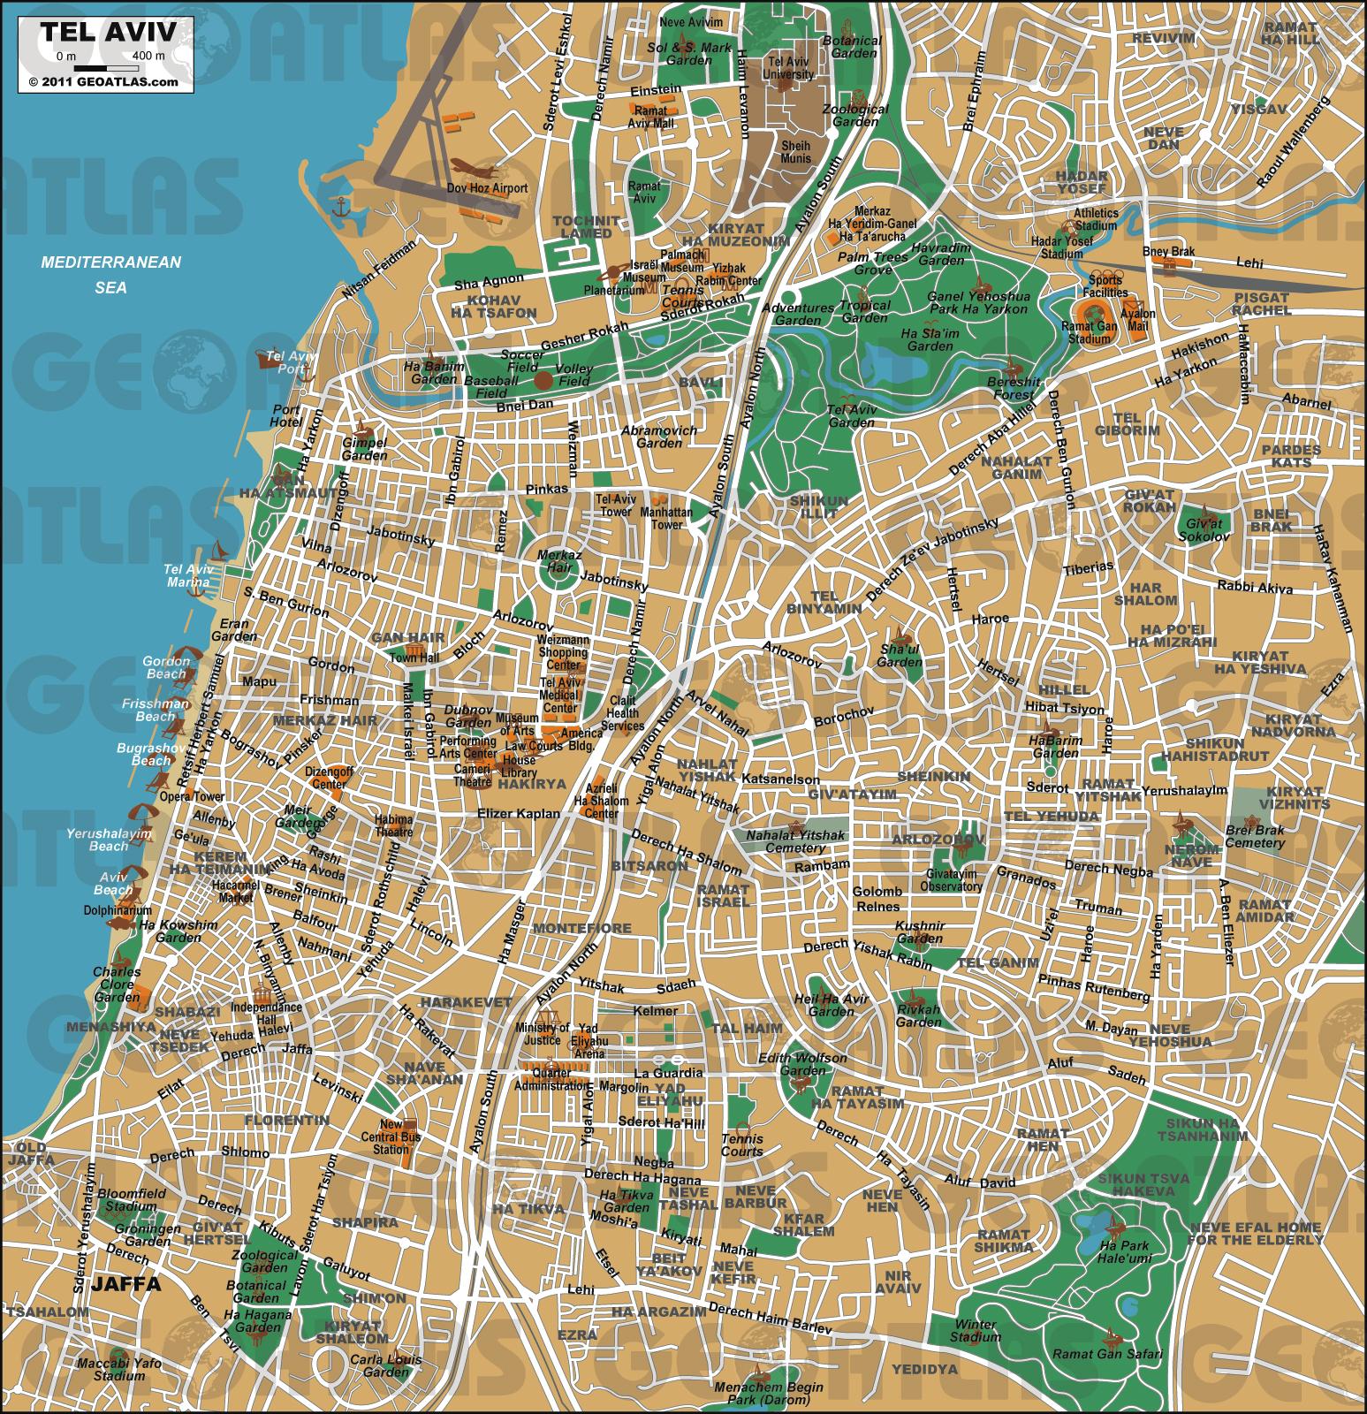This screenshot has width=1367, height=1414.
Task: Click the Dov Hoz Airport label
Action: pos(487,188)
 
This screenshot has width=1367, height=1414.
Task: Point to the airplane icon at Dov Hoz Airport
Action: pos(468,167)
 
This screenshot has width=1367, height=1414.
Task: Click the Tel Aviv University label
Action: pos(791,68)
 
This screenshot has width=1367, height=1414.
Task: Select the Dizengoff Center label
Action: pos(330,778)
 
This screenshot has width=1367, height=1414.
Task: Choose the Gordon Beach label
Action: pos(167,667)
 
